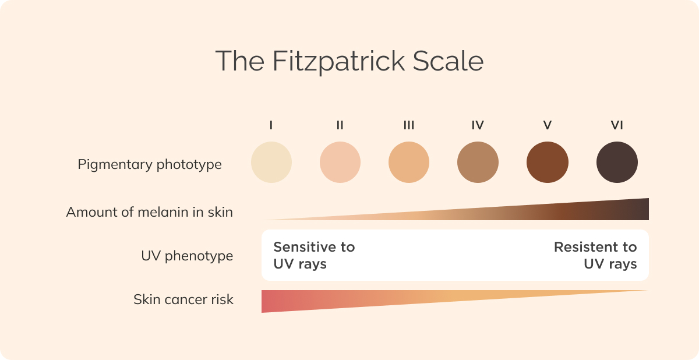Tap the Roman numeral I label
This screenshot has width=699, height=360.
tap(271, 125)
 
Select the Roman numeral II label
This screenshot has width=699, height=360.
tap(340, 125)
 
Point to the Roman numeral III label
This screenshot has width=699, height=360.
tap(409, 125)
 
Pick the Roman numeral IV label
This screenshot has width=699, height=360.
tap(478, 125)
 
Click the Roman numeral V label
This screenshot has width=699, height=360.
tap(547, 125)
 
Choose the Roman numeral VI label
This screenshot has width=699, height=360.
tap(617, 125)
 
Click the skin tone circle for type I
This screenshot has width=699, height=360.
tap(271, 163)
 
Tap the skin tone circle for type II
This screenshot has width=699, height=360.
tap(340, 163)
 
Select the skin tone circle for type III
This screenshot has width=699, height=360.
tap(409, 163)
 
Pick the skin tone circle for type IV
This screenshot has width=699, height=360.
tap(478, 163)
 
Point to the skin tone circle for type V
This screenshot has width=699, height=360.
tap(547, 163)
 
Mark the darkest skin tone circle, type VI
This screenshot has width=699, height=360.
tap(617, 163)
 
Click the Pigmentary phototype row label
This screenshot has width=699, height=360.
tap(150, 165)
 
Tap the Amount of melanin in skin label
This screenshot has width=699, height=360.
tap(150, 212)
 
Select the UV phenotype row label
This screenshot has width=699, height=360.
tap(187, 256)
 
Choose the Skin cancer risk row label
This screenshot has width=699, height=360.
tap(183, 300)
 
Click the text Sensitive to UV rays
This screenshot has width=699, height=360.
tap(314, 255)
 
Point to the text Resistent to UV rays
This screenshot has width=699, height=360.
tap(595, 255)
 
